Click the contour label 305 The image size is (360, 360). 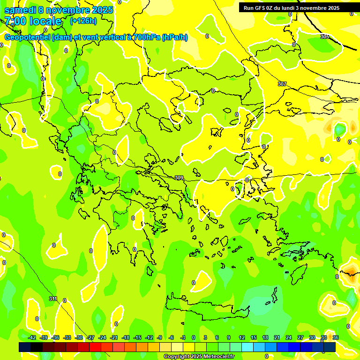point(325,37)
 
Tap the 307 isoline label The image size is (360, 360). point(282,84)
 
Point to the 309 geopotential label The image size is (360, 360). point(179,178)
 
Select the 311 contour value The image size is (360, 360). point(53,299)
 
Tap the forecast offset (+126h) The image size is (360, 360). point(83,21)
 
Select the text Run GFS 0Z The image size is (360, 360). point(261,8)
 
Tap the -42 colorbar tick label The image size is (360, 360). point(32,337)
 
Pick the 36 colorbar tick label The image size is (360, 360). point(335,337)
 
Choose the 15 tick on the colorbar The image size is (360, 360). point(253,337)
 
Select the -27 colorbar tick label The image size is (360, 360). point(90,337)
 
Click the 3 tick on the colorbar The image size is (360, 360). point(205,337)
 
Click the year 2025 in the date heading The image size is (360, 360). point(102,10)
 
